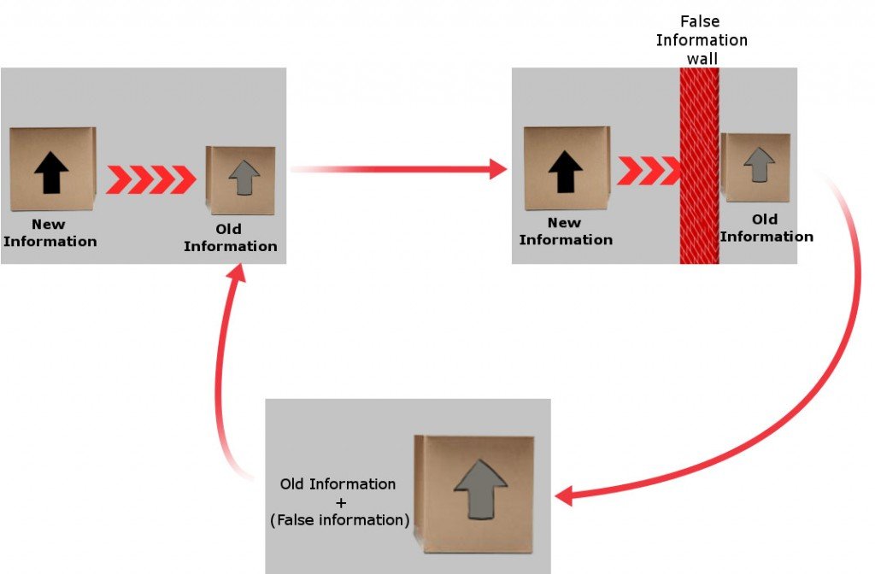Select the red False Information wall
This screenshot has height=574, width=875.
(699, 167)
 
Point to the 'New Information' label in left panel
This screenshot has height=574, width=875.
(50, 232)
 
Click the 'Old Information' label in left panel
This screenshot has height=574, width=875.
(230, 237)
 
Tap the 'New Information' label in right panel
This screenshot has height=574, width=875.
(565, 231)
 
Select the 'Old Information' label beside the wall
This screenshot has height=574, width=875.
(766, 228)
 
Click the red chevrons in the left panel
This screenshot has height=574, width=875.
(150, 179)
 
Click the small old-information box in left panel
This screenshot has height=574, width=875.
(241, 180)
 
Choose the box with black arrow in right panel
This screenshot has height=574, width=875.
(566, 168)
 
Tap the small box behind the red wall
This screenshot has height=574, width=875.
(755, 167)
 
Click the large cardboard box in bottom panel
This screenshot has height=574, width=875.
(475, 494)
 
